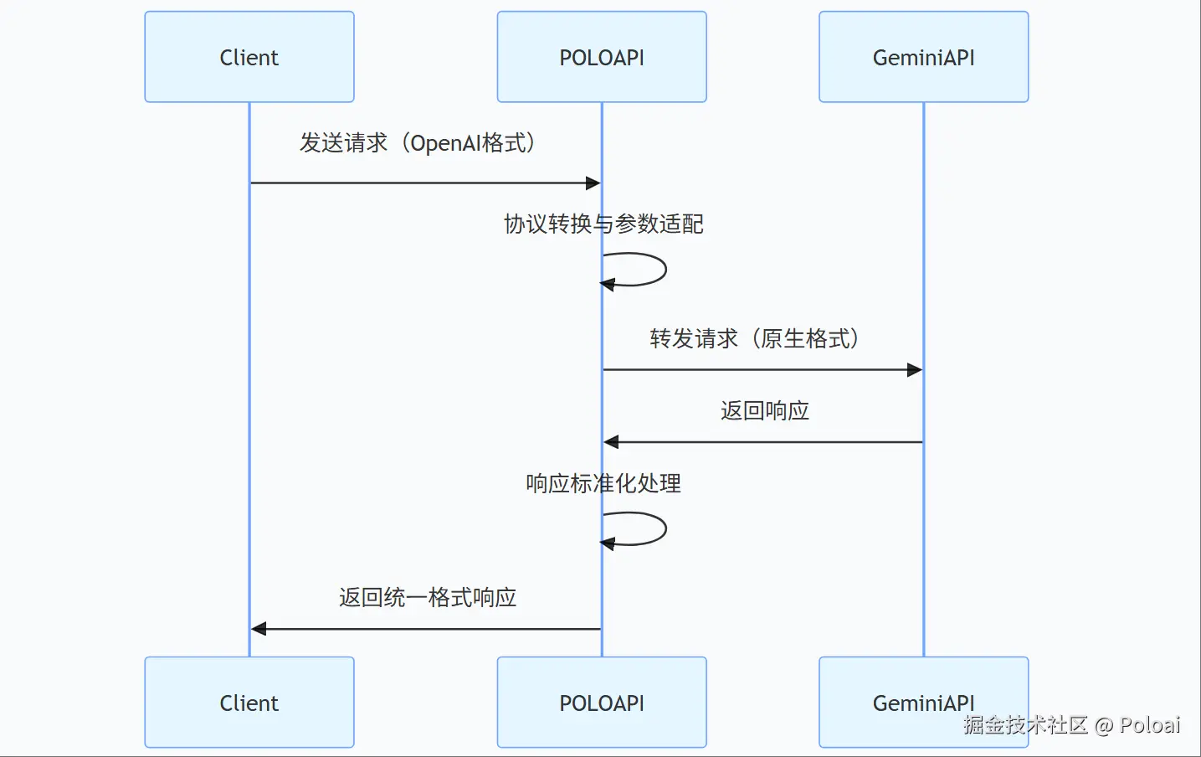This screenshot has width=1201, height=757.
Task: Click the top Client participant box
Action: [249, 57]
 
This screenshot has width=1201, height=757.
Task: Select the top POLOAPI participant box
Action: [601, 57]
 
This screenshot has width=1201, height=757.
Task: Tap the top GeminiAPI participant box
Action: [923, 57]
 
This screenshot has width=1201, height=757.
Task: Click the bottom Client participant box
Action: [249, 703]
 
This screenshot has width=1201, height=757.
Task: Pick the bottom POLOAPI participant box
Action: [601, 703]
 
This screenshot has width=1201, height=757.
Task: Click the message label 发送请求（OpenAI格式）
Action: [418, 143]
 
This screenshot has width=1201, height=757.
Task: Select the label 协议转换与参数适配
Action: [603, 224]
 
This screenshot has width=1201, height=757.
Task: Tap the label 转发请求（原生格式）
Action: [755, 338]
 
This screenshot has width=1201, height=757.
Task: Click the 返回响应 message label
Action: [764, 410]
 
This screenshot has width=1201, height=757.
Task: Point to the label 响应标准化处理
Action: [603, 483]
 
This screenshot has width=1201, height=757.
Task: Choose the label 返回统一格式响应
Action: [428, 597]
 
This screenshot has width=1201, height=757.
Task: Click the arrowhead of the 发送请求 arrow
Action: [593, 183]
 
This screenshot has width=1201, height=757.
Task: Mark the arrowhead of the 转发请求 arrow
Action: [915, 369]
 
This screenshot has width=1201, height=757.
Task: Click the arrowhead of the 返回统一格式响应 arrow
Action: [259, 628]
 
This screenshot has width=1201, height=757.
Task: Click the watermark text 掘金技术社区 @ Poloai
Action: [1071, 725]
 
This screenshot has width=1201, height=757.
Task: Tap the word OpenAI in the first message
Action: [445, 143]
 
